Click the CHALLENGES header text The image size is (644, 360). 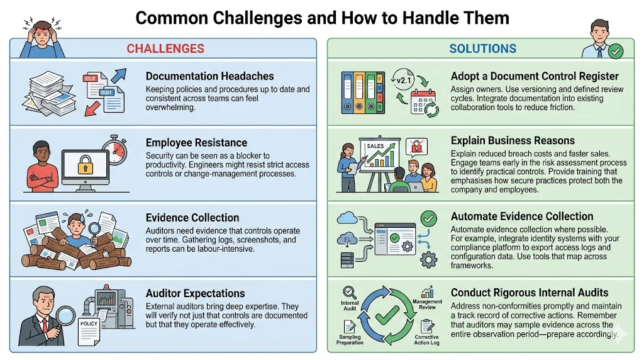coord(165,48)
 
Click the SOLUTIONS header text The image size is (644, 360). coord(482,48)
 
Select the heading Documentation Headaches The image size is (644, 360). coord(209,76)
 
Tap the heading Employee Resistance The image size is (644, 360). coord(196,143)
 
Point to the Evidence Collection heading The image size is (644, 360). coord(192,218)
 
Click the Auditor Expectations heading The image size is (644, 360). coord(195,293)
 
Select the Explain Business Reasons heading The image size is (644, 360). coord(513,140)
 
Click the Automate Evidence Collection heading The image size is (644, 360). coord(522,216)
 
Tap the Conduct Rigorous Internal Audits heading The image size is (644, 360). coord(530,293)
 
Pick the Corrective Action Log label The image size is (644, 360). coord(426,340)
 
